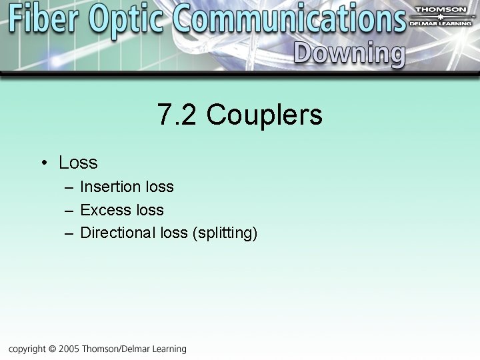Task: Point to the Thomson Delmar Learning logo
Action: tap(441, 16)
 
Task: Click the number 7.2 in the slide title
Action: tap(177, 115)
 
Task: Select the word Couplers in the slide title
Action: tap(264, 115)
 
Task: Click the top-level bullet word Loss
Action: tap(78, 163)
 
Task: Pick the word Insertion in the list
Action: tap(110, 187)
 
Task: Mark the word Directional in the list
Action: tap(118, 233)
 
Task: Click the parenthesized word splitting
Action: tap(224, 233)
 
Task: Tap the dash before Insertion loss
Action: tap(69, 187)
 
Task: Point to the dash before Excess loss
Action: tap(69, 211)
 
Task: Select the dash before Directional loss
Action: tap(69, 233)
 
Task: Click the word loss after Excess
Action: tap(149, 210)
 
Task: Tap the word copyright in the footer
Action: tap(27, 349)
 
